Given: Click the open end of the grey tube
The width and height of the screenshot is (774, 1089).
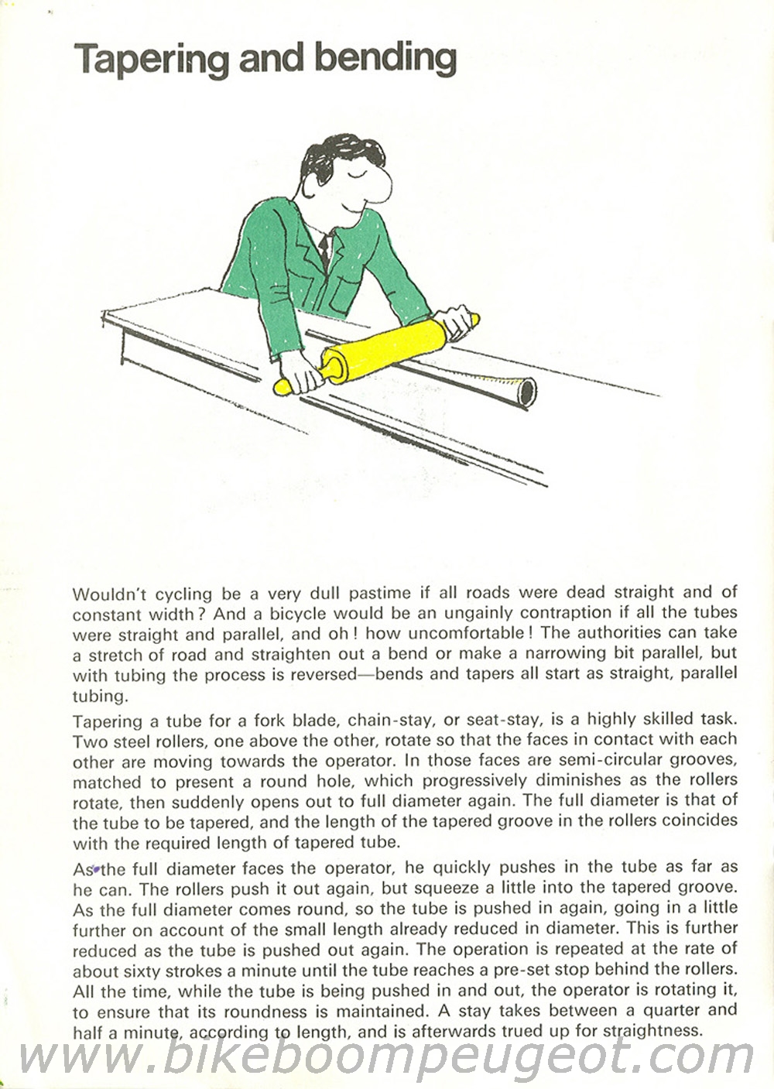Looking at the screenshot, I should click(527, 392).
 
